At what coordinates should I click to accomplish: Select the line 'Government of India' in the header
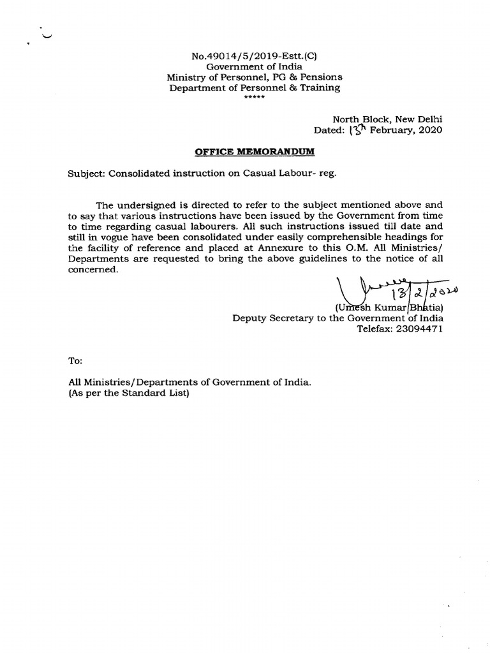(255, 66)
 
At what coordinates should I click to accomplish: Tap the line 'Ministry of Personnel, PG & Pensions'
(255, 77)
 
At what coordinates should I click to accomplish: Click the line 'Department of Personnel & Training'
(255, 88)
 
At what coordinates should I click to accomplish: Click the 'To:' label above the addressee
(75, 361)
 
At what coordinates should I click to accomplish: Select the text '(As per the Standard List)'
(130, 393)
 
